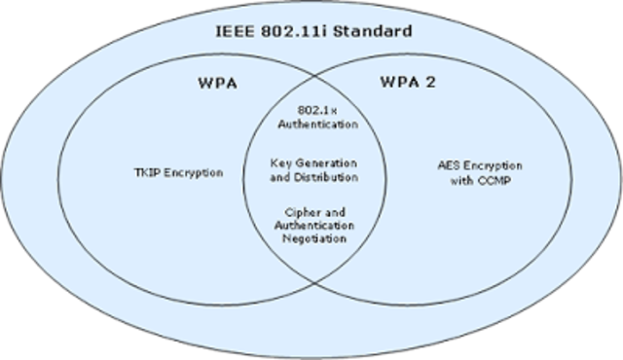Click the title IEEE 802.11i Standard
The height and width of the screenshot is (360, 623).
(x=312, y=31)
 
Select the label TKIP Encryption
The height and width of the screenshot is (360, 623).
(x=178, y=172)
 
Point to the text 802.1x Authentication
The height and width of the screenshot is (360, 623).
(x=313, y=118)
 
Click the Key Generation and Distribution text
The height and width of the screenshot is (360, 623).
(x=313, y=171)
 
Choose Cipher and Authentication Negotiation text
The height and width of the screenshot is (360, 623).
(x=313, y=226)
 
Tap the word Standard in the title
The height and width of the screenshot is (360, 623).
(x=374, y=31)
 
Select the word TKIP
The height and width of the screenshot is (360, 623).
(x=146, y=172)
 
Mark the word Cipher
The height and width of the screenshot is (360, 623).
(x=301, y=212)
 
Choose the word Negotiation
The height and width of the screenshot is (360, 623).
(x=313, y=239)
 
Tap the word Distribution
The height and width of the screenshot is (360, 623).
(x=325, y=178)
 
